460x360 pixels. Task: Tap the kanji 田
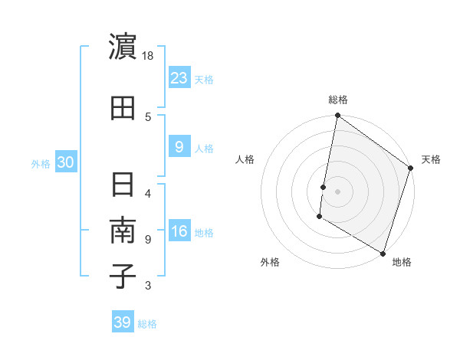[123, 110]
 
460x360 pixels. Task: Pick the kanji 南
[123, 231]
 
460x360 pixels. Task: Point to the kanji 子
[123, 276]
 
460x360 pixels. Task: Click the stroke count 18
[148, 57]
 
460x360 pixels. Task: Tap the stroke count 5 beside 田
[148, 116]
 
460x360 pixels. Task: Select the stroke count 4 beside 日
[148, 193]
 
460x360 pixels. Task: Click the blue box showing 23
[179, 77]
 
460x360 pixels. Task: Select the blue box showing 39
[122, 322]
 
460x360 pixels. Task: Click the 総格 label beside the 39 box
[148, 324]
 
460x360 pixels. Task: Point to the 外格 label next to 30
[41, 163]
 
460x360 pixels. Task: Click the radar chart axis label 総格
[338, 100]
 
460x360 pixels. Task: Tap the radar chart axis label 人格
[245, 159]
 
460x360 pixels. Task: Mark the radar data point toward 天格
[411, 169]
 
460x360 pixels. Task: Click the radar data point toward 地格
[382, 253]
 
